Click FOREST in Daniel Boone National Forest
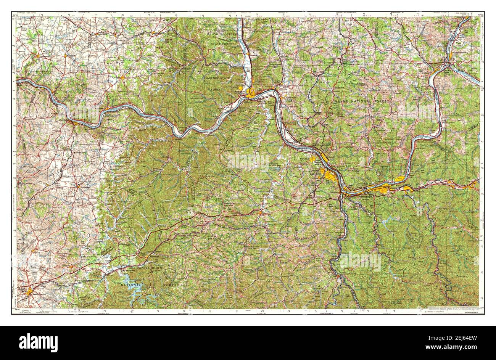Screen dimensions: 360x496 pos(174,285)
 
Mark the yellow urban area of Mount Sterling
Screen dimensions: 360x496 pos(30,292)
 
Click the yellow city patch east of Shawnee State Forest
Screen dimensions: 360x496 pos(252,92)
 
